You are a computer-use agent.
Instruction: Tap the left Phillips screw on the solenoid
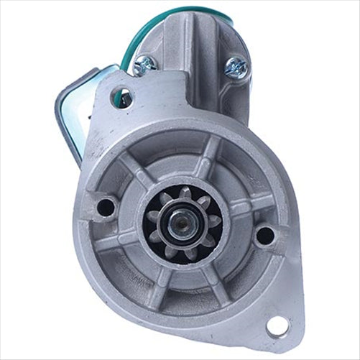145,63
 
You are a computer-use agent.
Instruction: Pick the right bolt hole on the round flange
264,234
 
